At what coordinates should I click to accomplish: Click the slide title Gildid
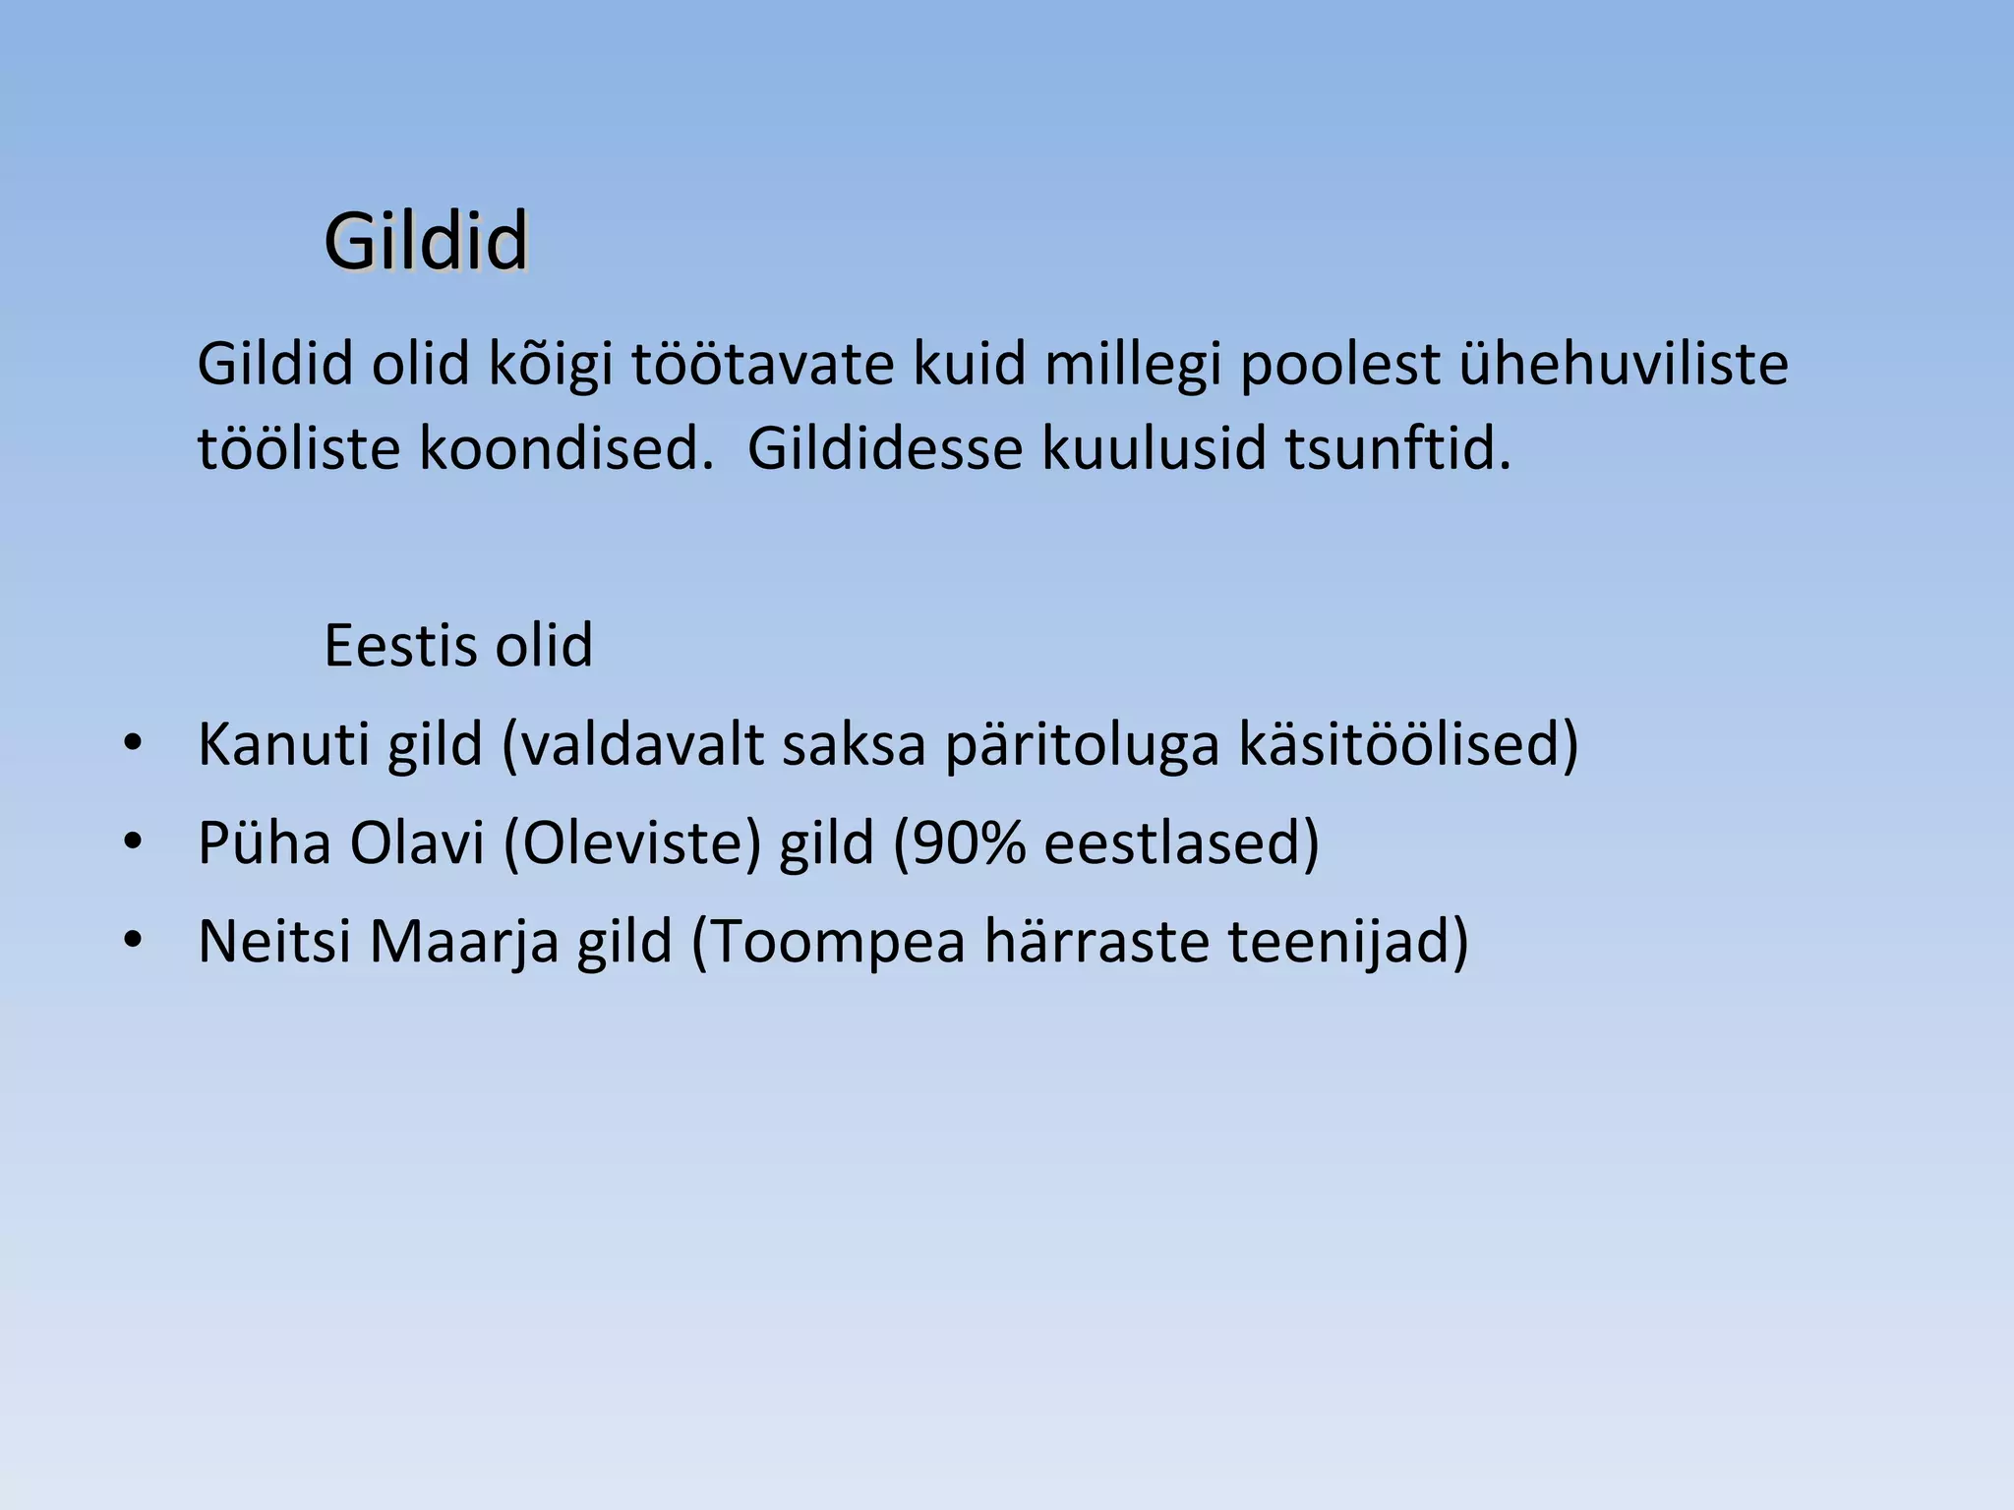(x=426, y=242)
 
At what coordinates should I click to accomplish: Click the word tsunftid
(x=1397, y=449)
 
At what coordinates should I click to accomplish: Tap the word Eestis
(x=399, y=646)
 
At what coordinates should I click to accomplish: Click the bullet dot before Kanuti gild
(x=133, y=743)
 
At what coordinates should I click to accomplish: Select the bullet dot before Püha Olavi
(x=133, y=842)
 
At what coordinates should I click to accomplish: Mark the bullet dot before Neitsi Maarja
(x=133, y=940)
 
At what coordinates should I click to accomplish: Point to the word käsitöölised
(x=1406, y=744)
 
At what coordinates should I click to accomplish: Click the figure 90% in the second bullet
(x=969, y=843)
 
